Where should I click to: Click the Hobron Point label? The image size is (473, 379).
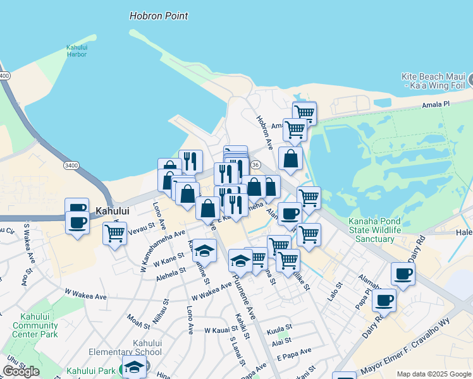159,16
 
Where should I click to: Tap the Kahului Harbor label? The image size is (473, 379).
77,51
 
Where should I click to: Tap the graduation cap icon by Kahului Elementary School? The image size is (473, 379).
134,366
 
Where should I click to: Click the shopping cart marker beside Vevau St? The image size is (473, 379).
114,233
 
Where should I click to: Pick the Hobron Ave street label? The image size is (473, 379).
264,132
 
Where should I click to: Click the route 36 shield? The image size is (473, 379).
255,164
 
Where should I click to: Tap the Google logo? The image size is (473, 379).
21,371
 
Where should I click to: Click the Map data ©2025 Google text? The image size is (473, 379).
433,374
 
